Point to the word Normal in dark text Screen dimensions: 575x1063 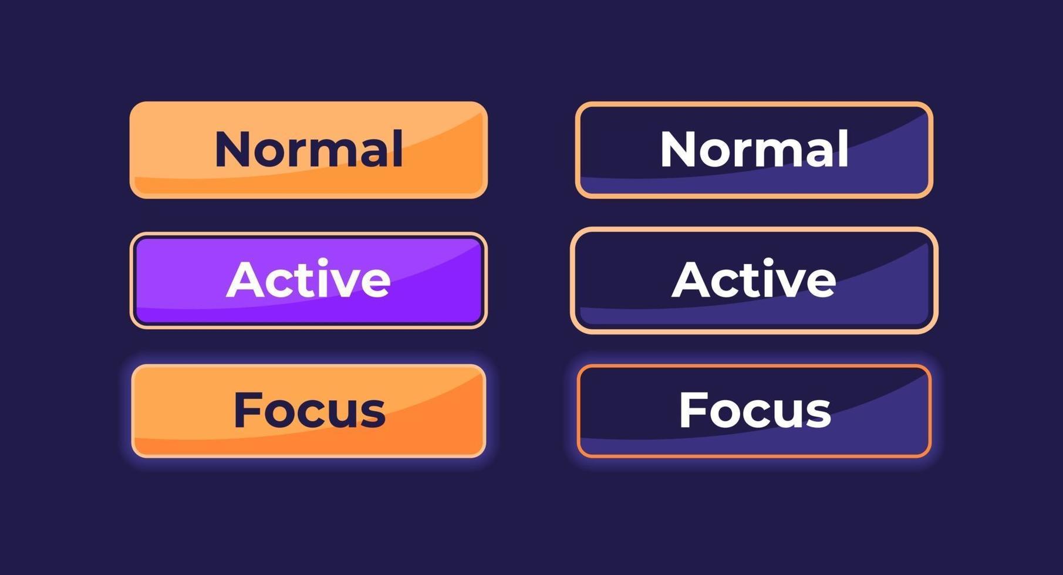click(x=309, y=149)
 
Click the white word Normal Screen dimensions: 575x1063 click(x=754, y=149)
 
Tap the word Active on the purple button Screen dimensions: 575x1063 click(x=308, y=279)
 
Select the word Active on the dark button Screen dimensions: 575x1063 click(x=754, y=279)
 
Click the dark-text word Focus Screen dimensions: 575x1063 click(x=309, y=410)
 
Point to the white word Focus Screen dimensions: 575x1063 click(x=755, y=410)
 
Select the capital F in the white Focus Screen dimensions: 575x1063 click(x=693, y=410)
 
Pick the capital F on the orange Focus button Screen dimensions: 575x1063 click(x=247, y=410)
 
